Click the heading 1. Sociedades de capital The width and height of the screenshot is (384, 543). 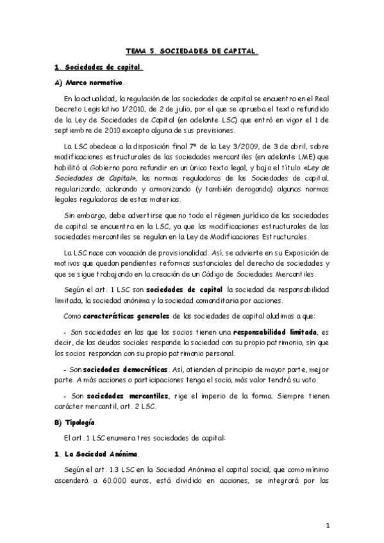tap(97, 66)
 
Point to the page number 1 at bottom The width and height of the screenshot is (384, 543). tap(327, 526)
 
